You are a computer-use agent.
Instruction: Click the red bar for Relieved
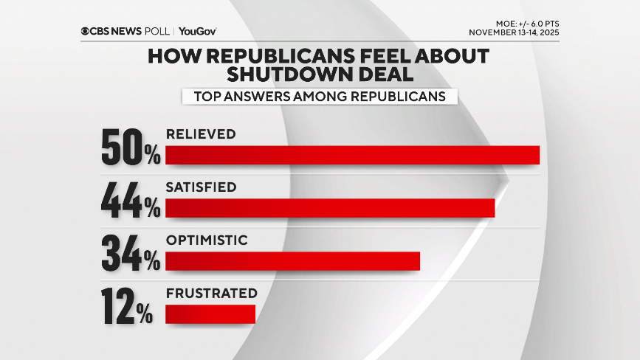[352, 155]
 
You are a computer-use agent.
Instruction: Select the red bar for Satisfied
[330, 209]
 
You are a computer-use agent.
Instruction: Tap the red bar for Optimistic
[292, 261]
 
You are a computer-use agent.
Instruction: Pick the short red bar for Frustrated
[210, 314]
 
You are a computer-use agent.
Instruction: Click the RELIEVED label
[201, 134]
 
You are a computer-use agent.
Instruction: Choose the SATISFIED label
[202, 187]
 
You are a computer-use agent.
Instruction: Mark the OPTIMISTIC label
[206, 240]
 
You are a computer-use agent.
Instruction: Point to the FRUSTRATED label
[206, 293]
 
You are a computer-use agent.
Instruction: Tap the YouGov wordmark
[197, 31]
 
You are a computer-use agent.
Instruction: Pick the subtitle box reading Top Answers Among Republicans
[320, 96]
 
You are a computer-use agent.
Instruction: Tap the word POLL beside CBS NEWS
[158, 31]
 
